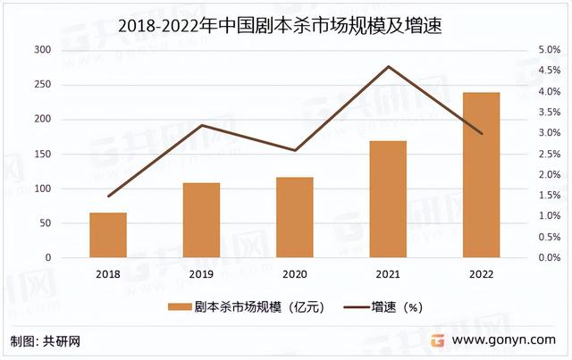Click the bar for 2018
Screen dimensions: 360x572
108,235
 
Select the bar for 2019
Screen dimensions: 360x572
201,221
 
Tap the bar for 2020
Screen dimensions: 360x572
295,217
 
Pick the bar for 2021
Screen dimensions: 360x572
388,199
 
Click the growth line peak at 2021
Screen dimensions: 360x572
388,66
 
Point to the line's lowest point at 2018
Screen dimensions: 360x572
108,196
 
